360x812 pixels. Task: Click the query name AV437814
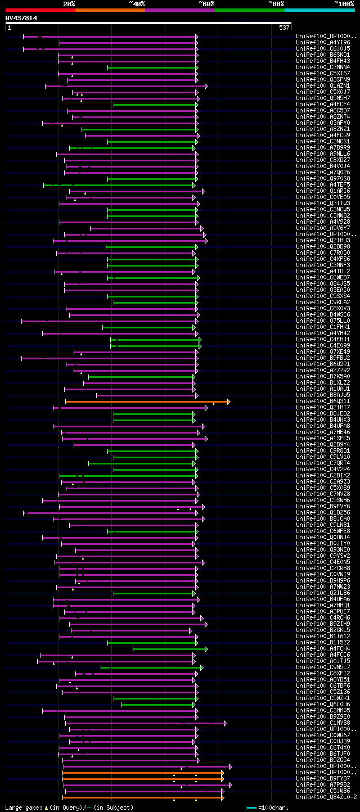point(21,18)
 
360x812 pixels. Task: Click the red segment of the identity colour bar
point(40,10)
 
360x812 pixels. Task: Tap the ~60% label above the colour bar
point(206,3)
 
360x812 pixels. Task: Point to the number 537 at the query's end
point(284,28)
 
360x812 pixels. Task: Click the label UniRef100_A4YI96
point(324,43)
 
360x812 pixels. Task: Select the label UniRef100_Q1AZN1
point(324,86)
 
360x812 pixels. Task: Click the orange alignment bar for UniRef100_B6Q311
point(146,402)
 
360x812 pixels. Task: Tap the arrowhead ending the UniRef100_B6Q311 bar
point(228,402)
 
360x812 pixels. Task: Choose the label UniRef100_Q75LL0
point(324,321)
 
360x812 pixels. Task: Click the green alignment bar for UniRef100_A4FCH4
point(169,649)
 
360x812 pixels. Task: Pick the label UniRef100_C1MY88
point(324,723)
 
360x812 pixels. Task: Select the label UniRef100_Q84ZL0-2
point(326,797)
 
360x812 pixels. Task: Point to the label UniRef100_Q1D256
point(324,513)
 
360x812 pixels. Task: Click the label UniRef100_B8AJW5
point(324,395)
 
